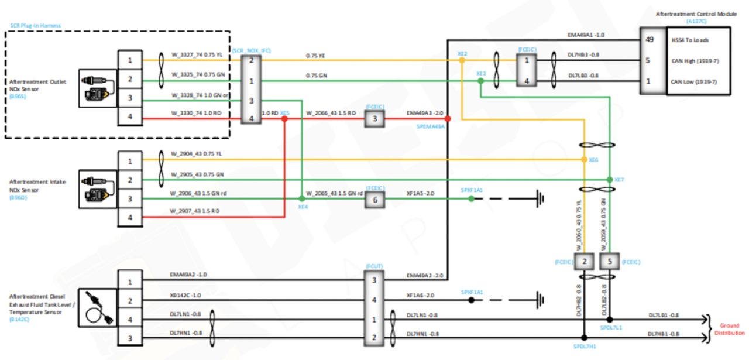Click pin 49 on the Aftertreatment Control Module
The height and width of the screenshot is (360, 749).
(649, 40)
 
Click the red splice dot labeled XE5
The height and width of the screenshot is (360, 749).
(284, 119)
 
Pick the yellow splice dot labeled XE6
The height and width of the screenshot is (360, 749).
(584, 159)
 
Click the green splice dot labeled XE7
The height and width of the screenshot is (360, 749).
(609, 179)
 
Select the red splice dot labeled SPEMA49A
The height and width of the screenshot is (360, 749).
(448, 119)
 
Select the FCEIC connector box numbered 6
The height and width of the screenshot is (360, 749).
(374, 199)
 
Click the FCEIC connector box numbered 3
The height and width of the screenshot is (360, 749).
(374, 119)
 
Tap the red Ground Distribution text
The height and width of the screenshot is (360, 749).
(729, 329)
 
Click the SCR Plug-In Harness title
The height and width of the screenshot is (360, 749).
(35, 26)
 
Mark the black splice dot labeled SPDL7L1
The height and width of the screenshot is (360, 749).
(609, 320)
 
